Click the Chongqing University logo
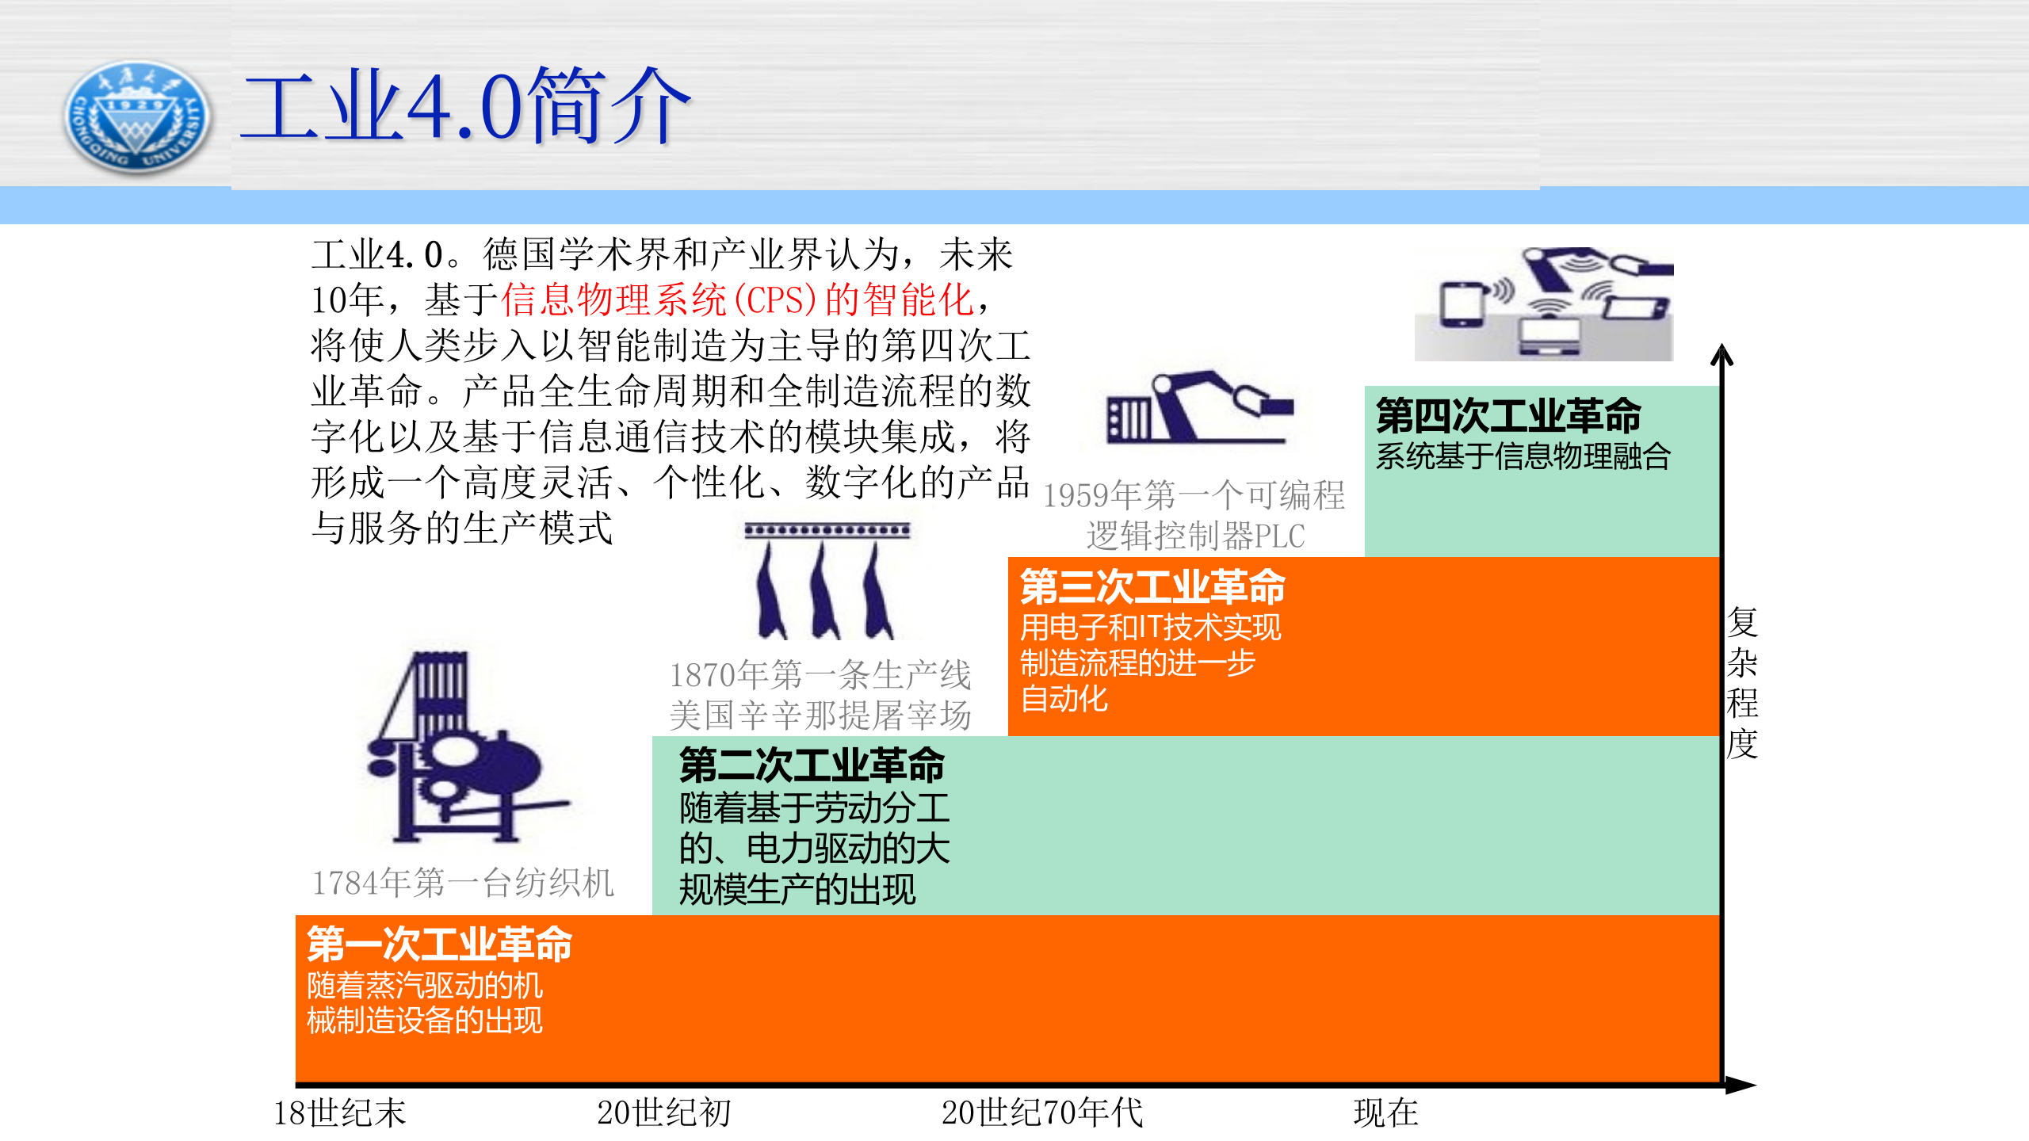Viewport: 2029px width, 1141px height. pos(137,117)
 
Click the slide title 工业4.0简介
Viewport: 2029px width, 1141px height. pos(466,107)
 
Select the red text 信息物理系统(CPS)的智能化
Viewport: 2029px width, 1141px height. pos(737,300)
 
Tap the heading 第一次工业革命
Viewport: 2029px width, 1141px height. pos(440,944)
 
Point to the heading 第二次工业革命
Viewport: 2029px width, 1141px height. pos(812,765)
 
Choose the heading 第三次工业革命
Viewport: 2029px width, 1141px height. pos(1152,587)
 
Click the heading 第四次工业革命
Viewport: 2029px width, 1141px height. pos(1507,415)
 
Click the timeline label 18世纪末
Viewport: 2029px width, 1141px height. pos(339,1113)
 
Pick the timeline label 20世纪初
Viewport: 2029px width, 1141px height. pos(664,1113)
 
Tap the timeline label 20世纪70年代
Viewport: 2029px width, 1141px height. pos(1042,1113)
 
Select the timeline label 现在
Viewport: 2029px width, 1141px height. pos(1385,1113)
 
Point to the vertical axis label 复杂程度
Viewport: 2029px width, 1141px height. pos(1742,683)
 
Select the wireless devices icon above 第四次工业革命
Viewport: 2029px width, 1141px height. pos(1544,304)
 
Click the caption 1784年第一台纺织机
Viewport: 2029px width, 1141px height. pos(463,883)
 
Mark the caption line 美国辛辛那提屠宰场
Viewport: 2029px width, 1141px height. pos(820,716)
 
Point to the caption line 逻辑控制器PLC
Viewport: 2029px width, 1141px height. pos(1195,536)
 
